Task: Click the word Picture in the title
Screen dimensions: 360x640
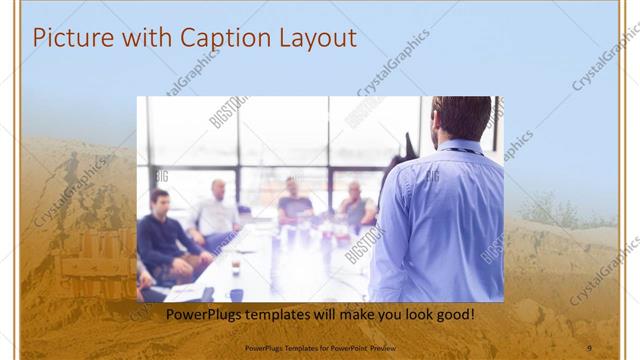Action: [68, 38]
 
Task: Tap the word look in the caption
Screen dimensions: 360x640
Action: [412, 314]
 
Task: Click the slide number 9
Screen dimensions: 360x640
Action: [589, 346]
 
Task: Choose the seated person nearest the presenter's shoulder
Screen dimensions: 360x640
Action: [355, 205]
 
